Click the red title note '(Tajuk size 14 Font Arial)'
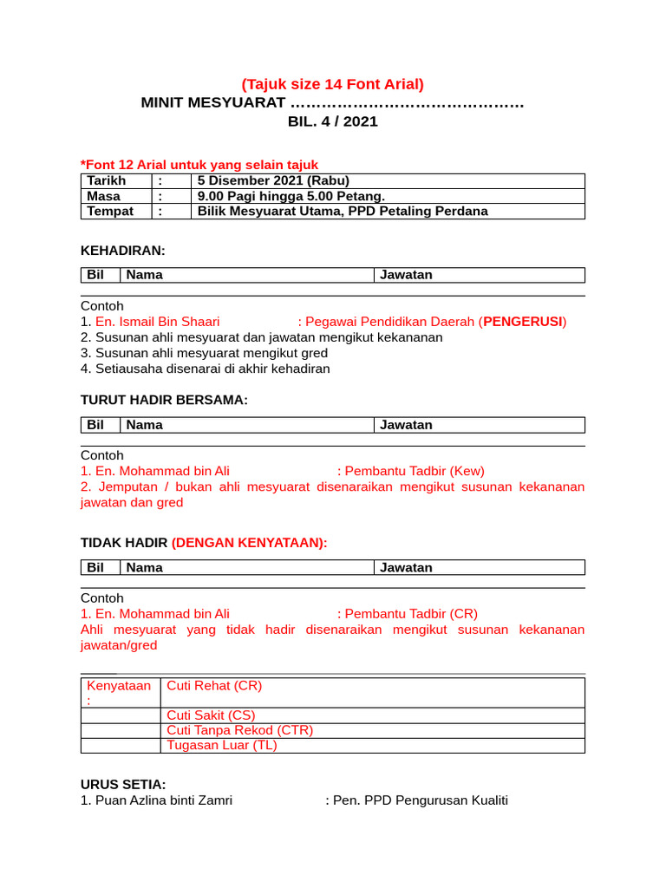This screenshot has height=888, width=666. (x=333, y=84)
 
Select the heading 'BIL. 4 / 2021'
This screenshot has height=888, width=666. (x=333, y=121)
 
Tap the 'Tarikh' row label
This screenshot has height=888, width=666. (x=106, y=180)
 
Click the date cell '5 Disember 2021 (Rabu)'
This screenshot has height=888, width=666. (x=273, y=180)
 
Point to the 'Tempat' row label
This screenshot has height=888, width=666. (x=110, y=211)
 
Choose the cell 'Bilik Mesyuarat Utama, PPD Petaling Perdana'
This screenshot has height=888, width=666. (x=343, y=211)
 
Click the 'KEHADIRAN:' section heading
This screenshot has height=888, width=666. (x=122, y=251)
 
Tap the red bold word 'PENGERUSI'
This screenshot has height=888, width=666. (x=522, y=322)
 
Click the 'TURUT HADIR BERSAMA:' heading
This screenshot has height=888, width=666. (x=164, y=400)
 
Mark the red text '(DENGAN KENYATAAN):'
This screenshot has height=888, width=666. (x=250, y=543)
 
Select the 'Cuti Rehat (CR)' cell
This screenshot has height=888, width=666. (x=214, y=686)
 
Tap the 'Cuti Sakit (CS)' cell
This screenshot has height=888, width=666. (x=211, y=715)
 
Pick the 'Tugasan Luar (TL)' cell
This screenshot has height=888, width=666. (x=221, y=746)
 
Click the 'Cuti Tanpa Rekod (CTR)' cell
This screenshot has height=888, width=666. (x=239, y=730)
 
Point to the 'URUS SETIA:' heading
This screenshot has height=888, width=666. (x=123, y=784)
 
